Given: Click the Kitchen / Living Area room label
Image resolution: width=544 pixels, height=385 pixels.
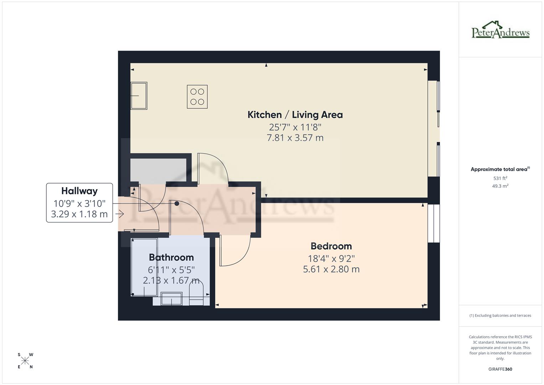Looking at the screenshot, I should [295, 115].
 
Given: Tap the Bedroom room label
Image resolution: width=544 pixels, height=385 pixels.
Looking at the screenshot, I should [331, 246].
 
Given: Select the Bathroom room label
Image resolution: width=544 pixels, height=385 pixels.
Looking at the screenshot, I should [171, 257].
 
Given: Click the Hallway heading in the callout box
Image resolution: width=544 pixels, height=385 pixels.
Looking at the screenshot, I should [79, 191].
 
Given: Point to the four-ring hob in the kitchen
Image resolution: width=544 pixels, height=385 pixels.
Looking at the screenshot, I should [197, 97].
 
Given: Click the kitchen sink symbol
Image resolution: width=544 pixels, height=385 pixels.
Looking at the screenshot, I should [139, 96].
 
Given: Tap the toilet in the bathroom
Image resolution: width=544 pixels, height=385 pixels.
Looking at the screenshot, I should [196, 292].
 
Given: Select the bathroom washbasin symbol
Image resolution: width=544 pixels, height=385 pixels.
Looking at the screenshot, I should [171, 299].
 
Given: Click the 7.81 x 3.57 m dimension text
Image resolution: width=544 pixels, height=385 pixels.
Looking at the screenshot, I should [295, 138].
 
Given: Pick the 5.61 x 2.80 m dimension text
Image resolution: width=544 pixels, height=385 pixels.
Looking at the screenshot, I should [331, 269].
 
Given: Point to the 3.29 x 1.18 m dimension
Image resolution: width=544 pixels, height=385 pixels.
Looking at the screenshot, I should [79, 214].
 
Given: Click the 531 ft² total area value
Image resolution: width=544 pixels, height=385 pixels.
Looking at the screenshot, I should [500, 178].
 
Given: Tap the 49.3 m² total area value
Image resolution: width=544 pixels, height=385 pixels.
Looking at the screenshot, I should [500, 186].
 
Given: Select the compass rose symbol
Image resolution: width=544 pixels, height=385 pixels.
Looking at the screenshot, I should [25, 361].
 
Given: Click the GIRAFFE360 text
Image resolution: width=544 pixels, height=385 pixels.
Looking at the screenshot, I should [500, 369].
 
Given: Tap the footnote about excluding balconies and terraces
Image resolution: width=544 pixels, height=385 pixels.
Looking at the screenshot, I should [500, 315].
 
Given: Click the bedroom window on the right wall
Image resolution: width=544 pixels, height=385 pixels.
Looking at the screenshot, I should [434, 223].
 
